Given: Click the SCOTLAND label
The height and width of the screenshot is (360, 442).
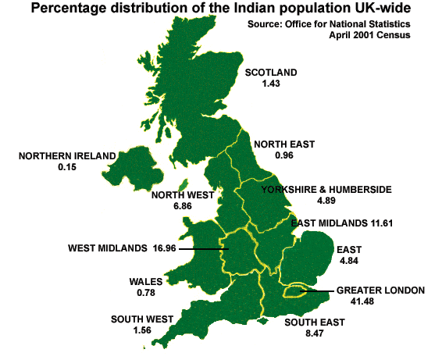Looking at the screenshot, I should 271,73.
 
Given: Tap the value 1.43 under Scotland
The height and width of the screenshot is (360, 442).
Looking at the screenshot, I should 271,83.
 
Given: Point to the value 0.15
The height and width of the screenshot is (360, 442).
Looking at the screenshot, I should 67,166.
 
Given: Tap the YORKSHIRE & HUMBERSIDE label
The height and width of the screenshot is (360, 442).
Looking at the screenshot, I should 326,190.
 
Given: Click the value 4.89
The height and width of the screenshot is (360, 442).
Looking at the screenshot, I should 326,201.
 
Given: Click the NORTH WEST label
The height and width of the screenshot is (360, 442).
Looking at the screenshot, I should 183,195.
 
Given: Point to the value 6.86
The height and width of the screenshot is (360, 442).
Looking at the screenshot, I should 183,206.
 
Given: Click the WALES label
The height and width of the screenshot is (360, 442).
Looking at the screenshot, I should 146,281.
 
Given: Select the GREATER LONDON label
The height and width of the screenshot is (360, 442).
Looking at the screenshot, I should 380,290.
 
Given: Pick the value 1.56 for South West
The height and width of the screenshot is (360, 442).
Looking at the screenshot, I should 142,330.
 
